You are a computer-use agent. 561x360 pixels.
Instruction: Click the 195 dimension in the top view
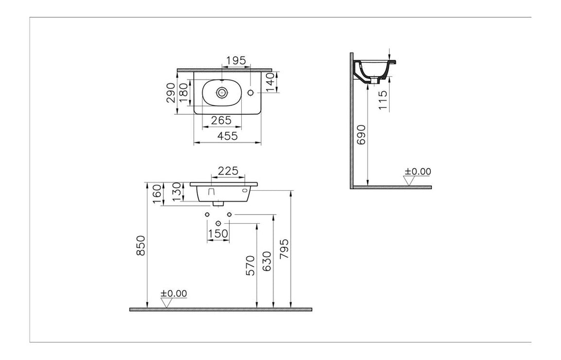tap(236, 61)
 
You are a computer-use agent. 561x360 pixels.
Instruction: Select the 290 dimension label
tap(172, 93)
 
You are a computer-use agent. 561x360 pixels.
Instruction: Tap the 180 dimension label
tap(184, 93)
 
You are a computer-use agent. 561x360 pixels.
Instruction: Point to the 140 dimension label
tap(270, 82)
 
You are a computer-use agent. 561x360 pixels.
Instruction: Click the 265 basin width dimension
tap(221, 120)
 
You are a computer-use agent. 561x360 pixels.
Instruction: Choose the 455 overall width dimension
tap(228, 136)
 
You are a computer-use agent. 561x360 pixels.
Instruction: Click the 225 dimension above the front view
tap(228, 171)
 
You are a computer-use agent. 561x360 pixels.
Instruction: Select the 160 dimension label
tap(158, 194)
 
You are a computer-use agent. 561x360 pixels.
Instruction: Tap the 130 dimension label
tap(177, 192)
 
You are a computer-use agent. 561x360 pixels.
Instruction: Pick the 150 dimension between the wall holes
tap(218, 233)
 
